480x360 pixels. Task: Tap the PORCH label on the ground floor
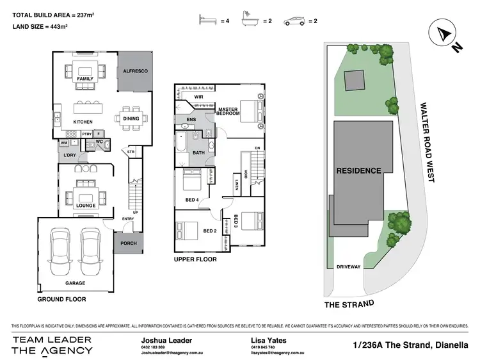[x=129, y=243]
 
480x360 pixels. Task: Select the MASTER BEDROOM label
[x=228, y=111]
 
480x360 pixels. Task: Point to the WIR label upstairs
[x=199, y=97]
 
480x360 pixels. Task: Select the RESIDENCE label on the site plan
[x=358, y=171]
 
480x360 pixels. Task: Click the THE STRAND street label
[x=349, y=304]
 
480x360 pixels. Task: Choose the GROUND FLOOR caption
[x=61, y=299]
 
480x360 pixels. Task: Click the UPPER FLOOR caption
[x=195, y=259]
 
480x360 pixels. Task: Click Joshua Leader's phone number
[x=153, y=347]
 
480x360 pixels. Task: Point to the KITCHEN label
[x=84, y=121]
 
